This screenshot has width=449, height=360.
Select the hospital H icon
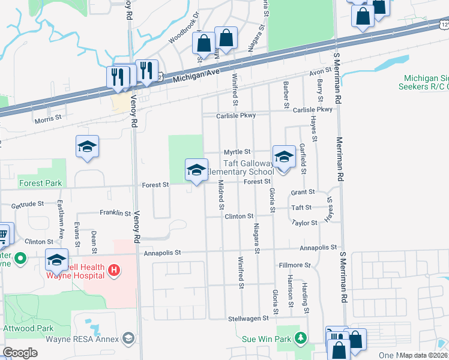[114, 271]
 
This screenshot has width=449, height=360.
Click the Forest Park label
[40, 183]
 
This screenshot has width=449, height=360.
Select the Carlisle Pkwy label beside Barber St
[312, 110]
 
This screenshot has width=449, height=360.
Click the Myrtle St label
[237, 152]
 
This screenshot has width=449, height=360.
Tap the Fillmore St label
[295, 265]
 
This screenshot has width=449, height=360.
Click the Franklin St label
[115, 213]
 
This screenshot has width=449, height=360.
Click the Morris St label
[48, 119]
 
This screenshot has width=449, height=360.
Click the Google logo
[20, 353]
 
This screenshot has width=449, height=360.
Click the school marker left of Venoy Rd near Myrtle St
[87, 148]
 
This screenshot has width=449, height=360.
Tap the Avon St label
[316, 73]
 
